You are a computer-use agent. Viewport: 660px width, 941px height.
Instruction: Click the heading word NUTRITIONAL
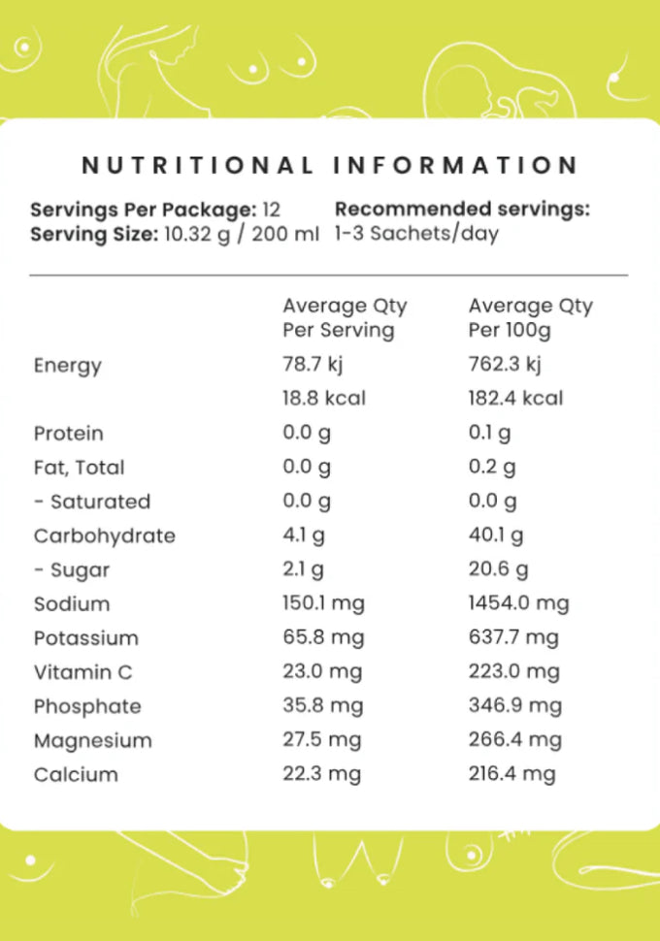pos(197,165)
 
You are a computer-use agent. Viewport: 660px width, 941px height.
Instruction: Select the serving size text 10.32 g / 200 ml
pos(238,234)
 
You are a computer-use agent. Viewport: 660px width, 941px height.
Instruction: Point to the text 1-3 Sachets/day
pos(416,234)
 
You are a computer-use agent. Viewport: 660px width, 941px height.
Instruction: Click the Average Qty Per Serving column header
pos(345,318)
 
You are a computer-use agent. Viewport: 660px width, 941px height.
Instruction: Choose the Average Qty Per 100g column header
pos(530,318)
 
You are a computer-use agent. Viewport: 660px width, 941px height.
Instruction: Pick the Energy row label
pos(67,366)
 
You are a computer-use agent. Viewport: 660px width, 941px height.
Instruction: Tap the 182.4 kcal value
pos(515,399)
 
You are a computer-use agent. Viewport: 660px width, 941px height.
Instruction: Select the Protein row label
pos(68,434)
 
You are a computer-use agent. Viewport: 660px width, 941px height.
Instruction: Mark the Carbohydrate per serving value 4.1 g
pos(304,535)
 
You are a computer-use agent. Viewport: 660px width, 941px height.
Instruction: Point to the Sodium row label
pos(71,604)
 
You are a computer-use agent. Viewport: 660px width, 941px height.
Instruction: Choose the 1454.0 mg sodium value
pos(518,603)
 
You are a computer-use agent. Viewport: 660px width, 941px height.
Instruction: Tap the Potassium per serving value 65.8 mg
pos(321,637)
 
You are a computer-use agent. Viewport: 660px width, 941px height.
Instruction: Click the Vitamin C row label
pos(82,672)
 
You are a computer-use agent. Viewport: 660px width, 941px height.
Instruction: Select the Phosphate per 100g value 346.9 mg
pos(514,705)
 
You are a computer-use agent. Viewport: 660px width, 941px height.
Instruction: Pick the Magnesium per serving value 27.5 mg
pos(321,740)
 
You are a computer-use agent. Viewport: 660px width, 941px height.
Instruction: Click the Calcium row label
pos(75,775)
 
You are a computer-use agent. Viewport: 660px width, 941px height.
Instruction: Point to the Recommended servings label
pos(462,210)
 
